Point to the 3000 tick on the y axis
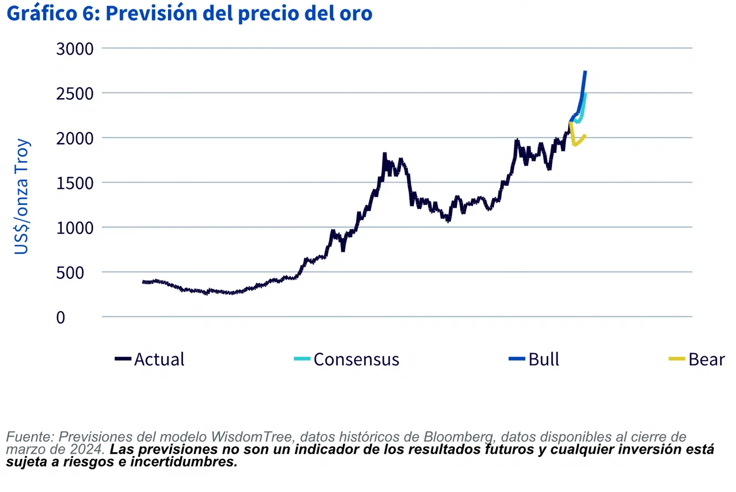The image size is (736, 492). [x=75, y=49]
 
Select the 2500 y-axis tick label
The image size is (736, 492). [x=75, y=93]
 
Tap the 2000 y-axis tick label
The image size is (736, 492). [x=75, y=138]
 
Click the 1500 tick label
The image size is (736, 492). [x=75, y=183]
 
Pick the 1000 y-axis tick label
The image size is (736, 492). [x=75, y=228]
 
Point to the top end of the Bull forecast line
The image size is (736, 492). [x=585, y=72]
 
